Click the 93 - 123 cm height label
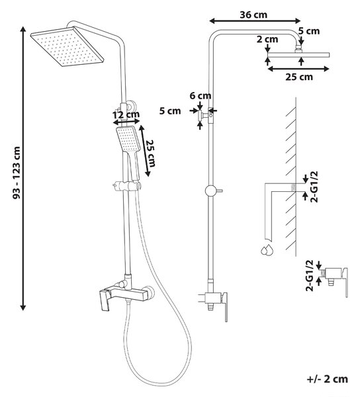coord(17,173)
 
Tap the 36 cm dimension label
coord(253,15)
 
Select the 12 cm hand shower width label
coord(126,114)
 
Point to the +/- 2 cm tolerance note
coord(327,379)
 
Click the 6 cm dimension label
coord(201,96)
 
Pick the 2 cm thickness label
coord(267,39)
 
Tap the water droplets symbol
coord(267,249)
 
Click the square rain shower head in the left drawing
coord(67,46)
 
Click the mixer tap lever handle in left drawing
coord(105,300)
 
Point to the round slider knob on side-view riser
coord(210,191)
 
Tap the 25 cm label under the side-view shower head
coord(299,77)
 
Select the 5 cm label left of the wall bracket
coord(170,111)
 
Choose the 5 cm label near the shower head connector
coord(308,31)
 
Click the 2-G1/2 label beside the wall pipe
coord(314,187)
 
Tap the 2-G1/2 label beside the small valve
coord(309,276)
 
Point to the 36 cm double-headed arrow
coord(255,21)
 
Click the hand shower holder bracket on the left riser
coord(126,185)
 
